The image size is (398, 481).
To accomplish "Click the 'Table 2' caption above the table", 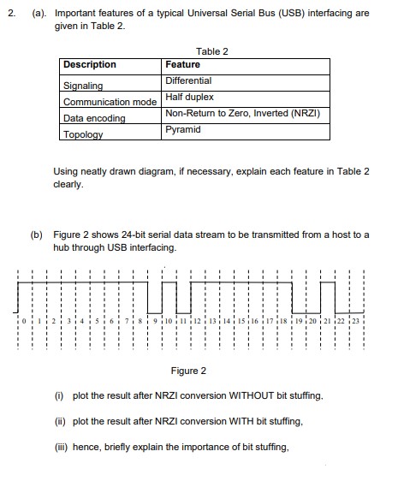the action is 212,51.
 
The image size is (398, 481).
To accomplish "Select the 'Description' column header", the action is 89,65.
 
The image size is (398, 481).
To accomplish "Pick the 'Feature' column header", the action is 182,65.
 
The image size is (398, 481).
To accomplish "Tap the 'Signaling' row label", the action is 83,86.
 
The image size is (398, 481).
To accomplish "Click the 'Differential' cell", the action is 187,80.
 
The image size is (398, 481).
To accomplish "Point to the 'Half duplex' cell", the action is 189,97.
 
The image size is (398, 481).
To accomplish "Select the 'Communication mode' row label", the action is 110,102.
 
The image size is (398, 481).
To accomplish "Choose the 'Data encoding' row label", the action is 94,118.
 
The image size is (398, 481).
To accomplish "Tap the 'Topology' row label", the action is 82,134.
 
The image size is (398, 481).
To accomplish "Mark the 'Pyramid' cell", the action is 182,129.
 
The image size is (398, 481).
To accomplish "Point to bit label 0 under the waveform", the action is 26,320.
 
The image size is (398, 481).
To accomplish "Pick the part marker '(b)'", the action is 38,233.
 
